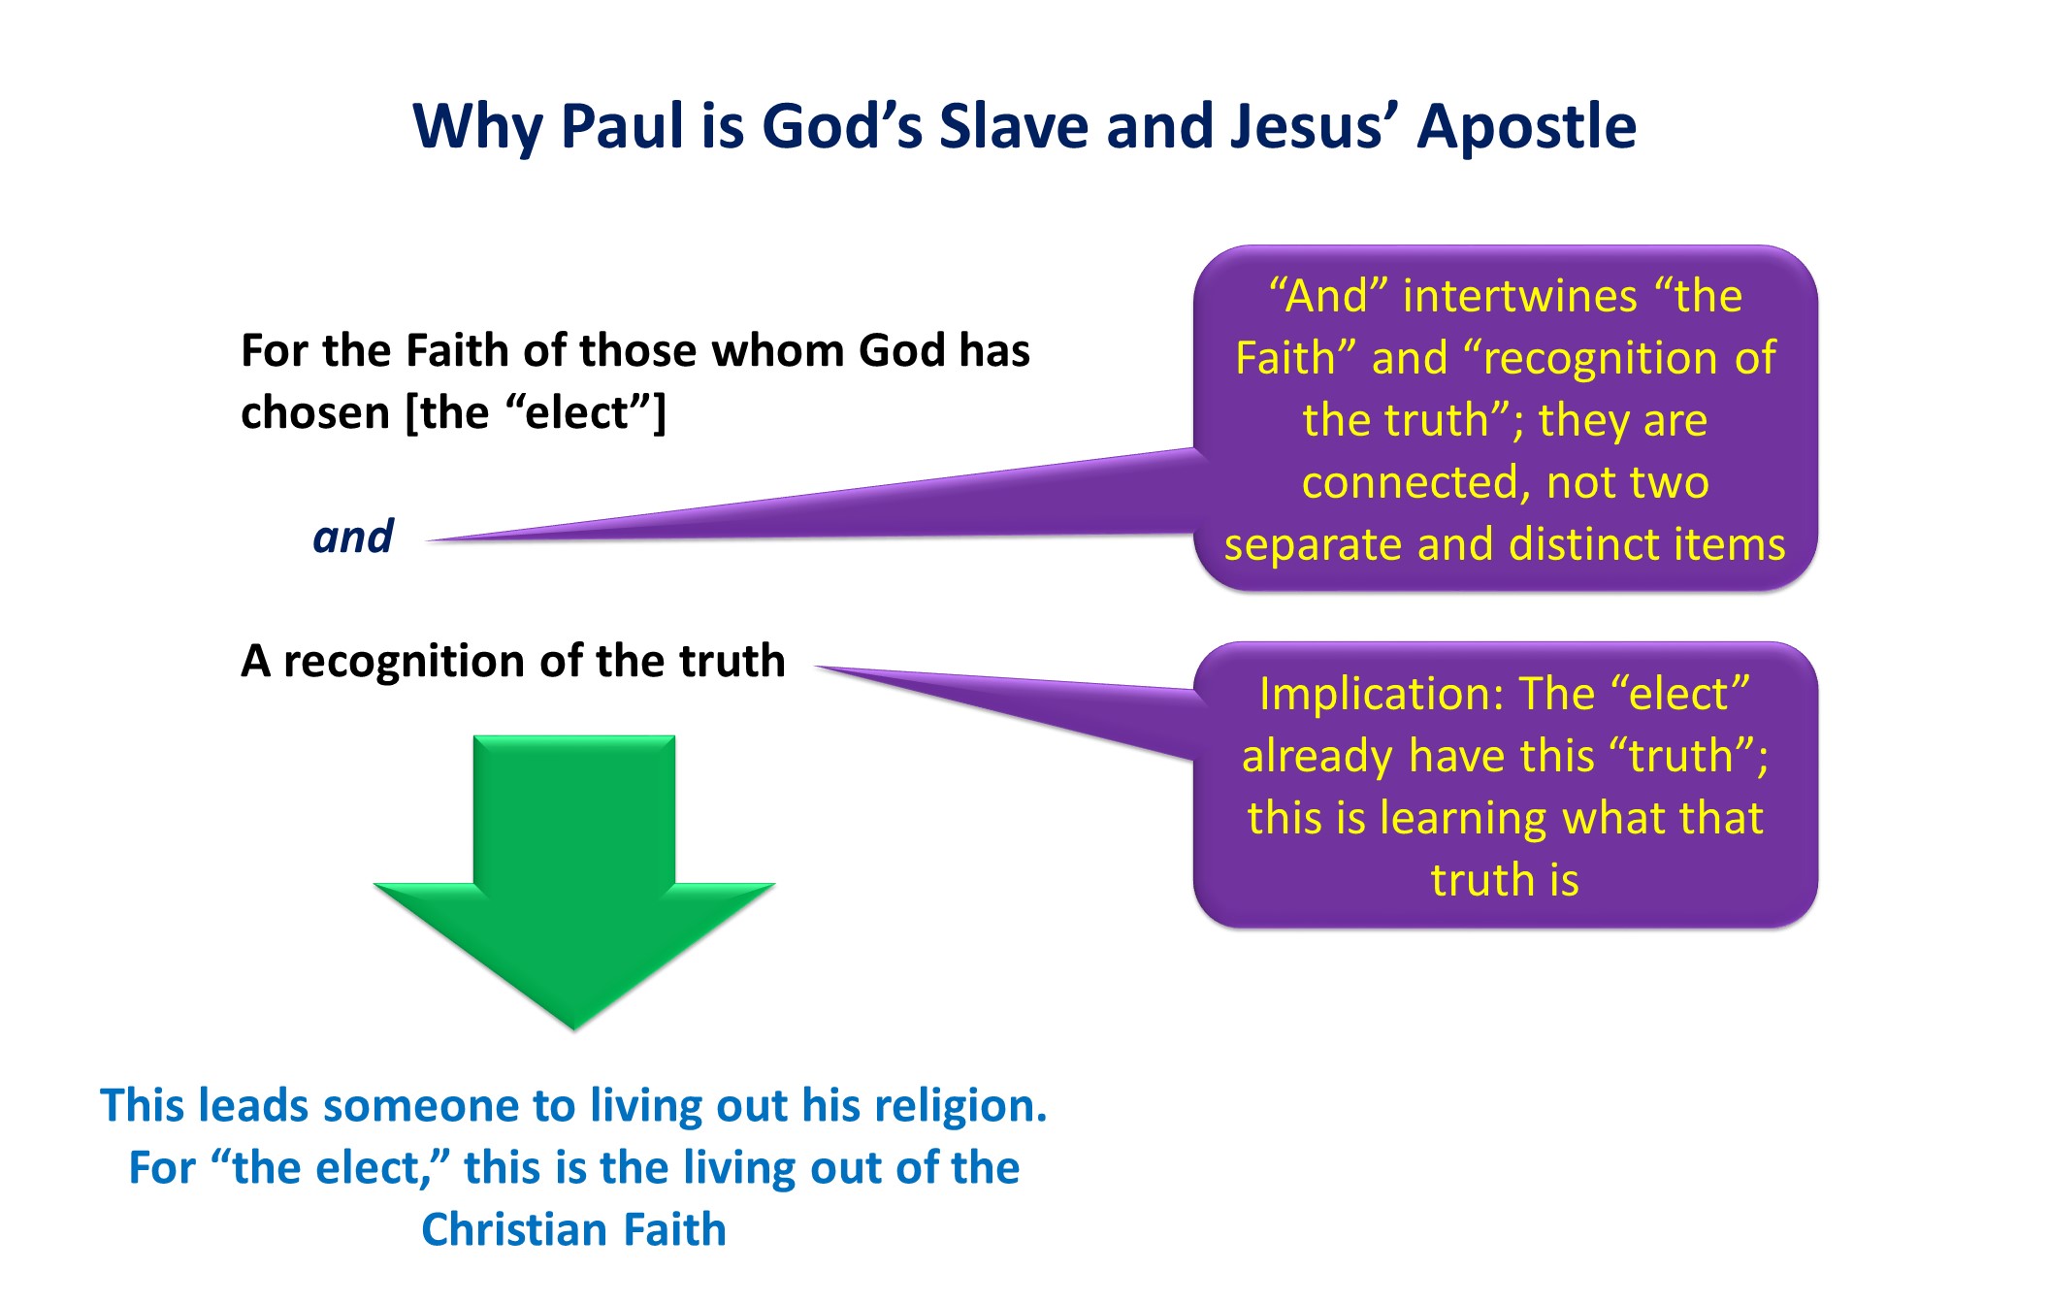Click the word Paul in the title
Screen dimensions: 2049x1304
tap(622, 126)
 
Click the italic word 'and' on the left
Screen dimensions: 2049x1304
tap(353, 537)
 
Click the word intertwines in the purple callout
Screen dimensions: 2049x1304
tap(1519, 296)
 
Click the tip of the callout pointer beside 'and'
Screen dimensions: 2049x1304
tap(428, 540)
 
